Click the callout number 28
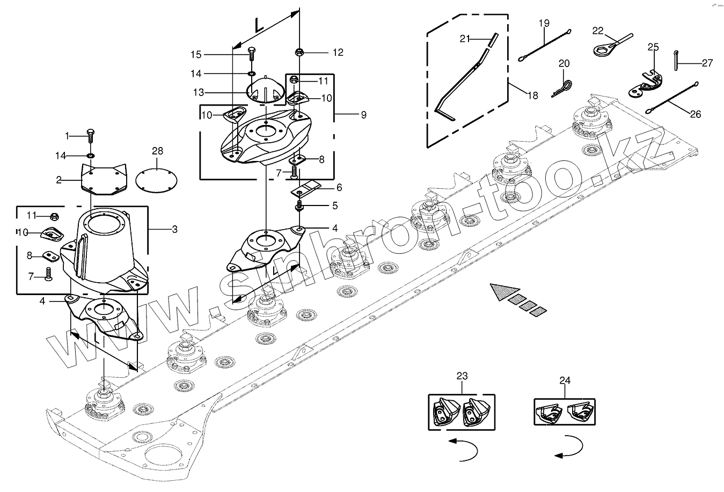[157, 151]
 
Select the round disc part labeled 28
[156, 180]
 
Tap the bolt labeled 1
[91, 136]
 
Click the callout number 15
[196, 55]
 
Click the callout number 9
[364, 115]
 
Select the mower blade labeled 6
[306, 189]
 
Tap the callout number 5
[335, 206]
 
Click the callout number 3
[175, 229]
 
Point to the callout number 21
[465, 39]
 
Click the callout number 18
[532, 96]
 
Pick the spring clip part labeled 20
[562, 89]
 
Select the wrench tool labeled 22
[613, 45]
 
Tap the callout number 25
[653, 47]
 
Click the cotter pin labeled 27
[676, 60]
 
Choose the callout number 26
[696, 114]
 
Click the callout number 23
[462, 376]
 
